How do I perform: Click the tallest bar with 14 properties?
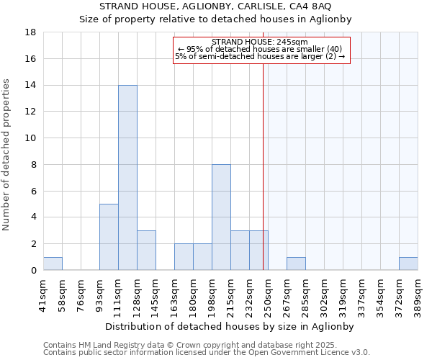pyautogui.click(x=127, y=178)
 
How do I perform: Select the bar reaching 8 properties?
pyautogui.click(x=221, y=217)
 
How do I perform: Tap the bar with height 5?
pyautogui.click(x=109, y=237)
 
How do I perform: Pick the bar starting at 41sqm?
pyautogui.click(x=53, y=264)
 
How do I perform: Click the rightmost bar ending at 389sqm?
pyautogui.click(x=408, y=264)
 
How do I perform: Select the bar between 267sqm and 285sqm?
pyautogui.click(x=296, y=264)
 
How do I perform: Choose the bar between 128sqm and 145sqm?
pyautogui.click(x=146, y=251)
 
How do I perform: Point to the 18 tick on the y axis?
pyautogui.click(x=31, y=32)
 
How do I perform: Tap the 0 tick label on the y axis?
pyautogui.click(x=33, y=271)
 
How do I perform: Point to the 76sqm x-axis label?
pyautogui.click(x=81, y=292)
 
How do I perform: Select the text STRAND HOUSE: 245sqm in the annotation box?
pyautogui.click(x=260, y=42)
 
